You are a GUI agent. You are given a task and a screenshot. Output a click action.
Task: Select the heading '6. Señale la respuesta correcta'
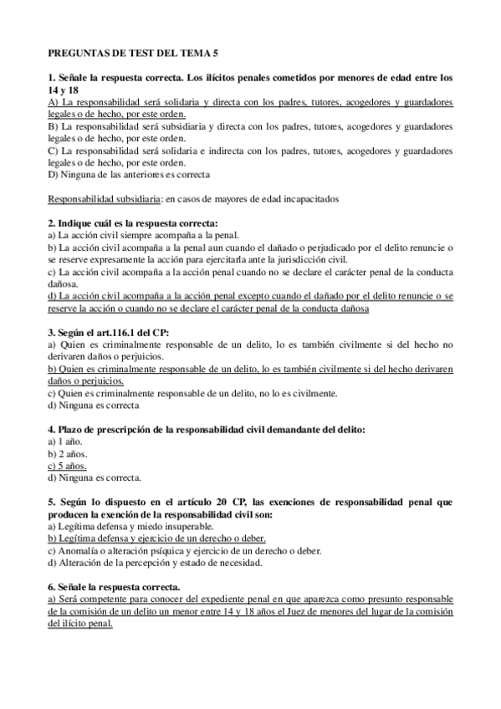[114, 587]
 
